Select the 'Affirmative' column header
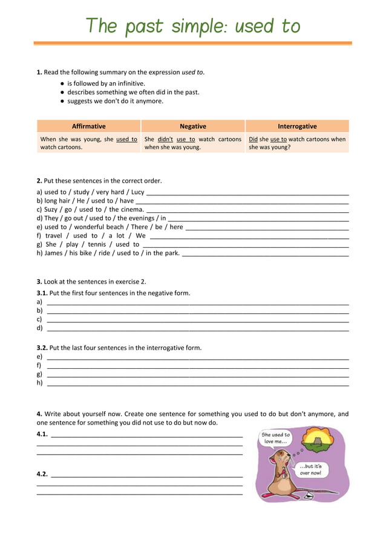tap(88, 126)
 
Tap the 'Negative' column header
tap(193, 126)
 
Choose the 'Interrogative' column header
tap(297, 126)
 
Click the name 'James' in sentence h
tap(55, 253)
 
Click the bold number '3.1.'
tap(42, 293)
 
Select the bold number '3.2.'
tap(42, 348)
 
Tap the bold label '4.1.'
tap(42, 434)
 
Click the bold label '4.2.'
tap(42, 474)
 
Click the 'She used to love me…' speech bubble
tap(275, 438)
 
